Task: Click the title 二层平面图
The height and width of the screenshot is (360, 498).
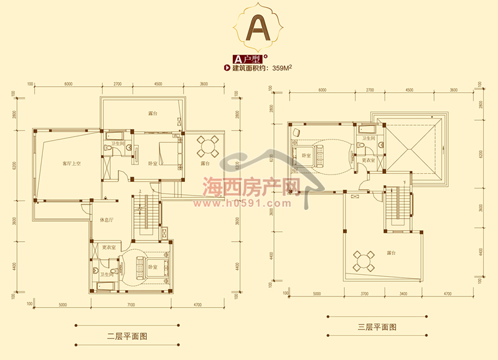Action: coord(127,337)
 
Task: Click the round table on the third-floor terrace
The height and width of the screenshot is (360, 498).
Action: coord(364,260)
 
